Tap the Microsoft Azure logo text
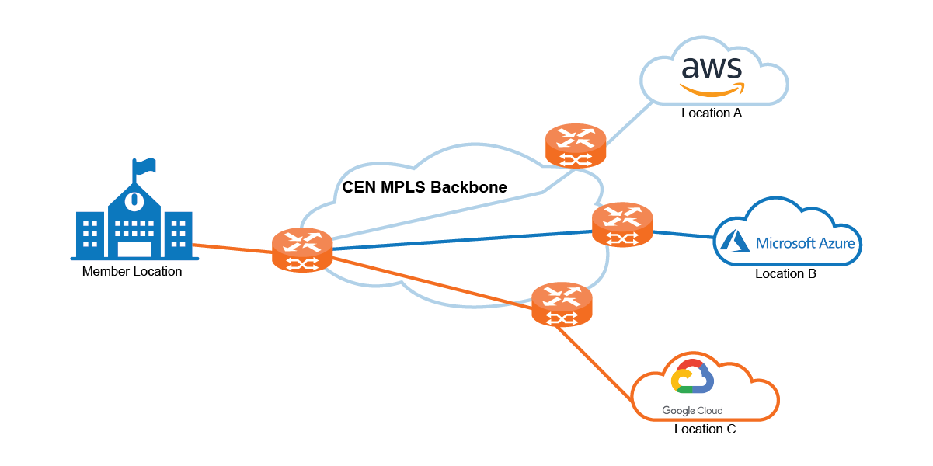805,243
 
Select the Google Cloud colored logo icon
691,379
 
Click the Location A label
712,113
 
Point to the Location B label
785,274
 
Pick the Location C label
705,429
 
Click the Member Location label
131,272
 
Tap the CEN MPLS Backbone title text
425,187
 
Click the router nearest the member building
302,250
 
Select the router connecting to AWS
576,145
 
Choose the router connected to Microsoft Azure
622,224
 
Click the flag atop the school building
144,165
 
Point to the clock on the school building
134,200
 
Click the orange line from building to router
232,249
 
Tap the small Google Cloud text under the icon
692,411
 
